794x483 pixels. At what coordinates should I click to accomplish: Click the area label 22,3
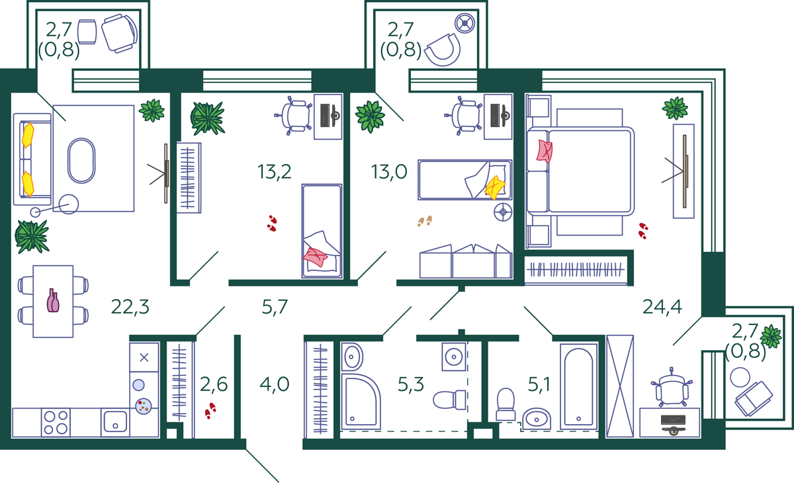coord(130,307)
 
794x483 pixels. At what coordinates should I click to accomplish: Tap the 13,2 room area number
coord(275,172)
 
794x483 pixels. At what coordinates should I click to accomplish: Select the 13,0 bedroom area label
coord(389,172)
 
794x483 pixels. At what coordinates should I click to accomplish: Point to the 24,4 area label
coord(662,307)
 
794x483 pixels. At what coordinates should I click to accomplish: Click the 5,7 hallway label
coord(275,307)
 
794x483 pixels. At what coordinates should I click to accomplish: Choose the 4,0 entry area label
coord(275,384)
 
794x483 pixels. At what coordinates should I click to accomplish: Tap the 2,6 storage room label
coord(214,384)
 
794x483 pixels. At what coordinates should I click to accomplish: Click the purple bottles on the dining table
coord(53,301)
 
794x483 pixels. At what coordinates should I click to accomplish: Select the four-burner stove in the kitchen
coord(56,422)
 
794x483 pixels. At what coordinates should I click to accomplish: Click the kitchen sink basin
coord(115,421)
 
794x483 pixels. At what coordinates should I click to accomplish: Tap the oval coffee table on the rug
coord(81,161)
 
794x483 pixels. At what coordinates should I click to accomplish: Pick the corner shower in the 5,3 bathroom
coord(361,402)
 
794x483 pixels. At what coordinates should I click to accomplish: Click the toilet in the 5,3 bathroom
coord(449,400)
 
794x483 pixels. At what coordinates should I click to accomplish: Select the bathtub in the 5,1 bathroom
coord(578,386)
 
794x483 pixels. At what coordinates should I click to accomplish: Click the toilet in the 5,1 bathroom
coord(506,404)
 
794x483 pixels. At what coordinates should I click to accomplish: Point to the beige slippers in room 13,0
coord(425,221)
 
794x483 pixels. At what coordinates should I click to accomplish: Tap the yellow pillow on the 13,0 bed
coord(495,187)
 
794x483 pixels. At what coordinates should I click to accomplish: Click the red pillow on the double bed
coord(545,151)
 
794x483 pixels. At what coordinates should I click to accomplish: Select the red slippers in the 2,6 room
coord(210,411)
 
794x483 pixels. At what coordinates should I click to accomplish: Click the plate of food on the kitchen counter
coord(144,406)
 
